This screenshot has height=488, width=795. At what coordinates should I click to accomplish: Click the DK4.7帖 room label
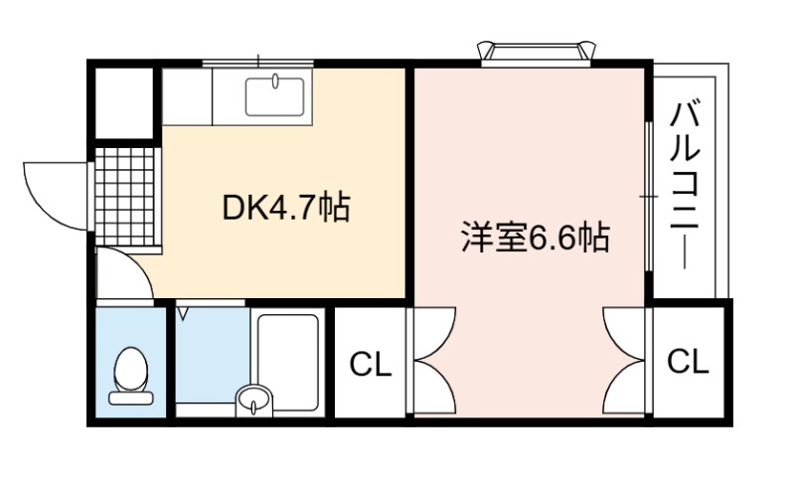286,208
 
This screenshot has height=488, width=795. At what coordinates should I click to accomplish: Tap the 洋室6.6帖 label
536,238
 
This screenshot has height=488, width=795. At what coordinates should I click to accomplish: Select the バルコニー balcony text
685,186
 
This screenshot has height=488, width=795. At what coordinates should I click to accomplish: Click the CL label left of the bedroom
371,364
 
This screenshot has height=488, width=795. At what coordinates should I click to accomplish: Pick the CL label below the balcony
688,361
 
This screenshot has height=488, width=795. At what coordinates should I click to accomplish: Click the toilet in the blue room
131,376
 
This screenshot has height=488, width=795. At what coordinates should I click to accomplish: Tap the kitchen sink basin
275,96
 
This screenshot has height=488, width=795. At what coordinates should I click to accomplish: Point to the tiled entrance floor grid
125,197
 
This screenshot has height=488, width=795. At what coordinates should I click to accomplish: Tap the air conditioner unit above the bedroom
536,54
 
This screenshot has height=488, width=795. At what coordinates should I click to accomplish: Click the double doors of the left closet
434,361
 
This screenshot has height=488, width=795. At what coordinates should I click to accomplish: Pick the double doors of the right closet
624,361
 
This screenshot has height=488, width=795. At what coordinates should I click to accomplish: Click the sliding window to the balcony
649,197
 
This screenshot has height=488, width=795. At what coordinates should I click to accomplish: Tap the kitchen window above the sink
258,63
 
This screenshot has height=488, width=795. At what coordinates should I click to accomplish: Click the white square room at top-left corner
124,103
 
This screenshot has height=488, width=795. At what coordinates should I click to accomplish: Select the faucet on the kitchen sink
275,81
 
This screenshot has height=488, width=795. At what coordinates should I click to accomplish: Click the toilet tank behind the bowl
131,399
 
